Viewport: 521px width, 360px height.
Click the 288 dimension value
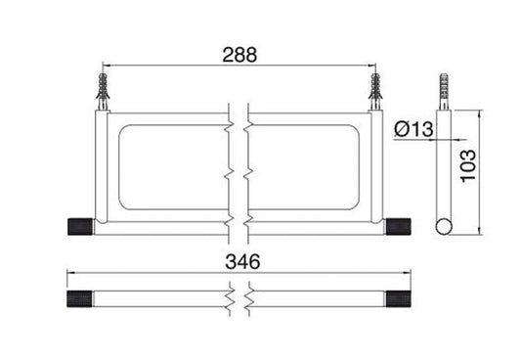pos(239,55)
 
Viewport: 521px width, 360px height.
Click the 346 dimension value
pos(242,261)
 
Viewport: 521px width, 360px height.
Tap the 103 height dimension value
pos(469,165)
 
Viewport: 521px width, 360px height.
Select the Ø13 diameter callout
pos(413,129)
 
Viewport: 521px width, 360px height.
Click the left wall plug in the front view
pos(103,91)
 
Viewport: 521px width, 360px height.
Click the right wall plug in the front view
pos(375,91)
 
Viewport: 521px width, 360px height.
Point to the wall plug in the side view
pos(444,91)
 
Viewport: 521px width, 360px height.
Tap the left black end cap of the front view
pos(80,227)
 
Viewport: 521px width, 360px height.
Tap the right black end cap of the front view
pos(398,227)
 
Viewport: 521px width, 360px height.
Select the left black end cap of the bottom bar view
pos(80,298)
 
